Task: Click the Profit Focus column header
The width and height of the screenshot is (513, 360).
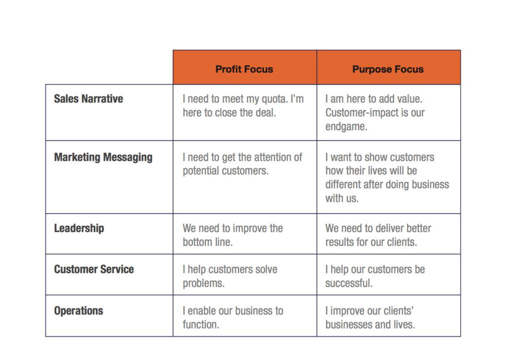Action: [x=244, y=69]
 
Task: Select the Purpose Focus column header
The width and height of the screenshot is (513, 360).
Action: [x=388, y=69]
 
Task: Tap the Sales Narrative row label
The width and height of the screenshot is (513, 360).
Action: [x=88, y=99]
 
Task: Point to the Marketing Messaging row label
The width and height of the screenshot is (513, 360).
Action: [x=103, y=157]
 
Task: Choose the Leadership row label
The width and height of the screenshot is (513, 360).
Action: [x=79, y=228]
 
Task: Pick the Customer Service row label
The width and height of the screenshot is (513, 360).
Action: [x=94, y=269]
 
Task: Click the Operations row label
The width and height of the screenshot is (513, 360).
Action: [x=79, y=310]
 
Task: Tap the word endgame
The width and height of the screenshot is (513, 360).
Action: [x=346, y=127]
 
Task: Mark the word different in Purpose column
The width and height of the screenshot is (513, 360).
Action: [x=343, y=184]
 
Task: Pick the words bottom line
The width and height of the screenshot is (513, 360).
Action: [x=207, y=242]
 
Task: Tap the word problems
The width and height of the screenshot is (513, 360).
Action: [x=203, y=283]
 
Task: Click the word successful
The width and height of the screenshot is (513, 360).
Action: [x=349, y=283]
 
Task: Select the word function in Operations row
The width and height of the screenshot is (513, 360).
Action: [x=201, y=324]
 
